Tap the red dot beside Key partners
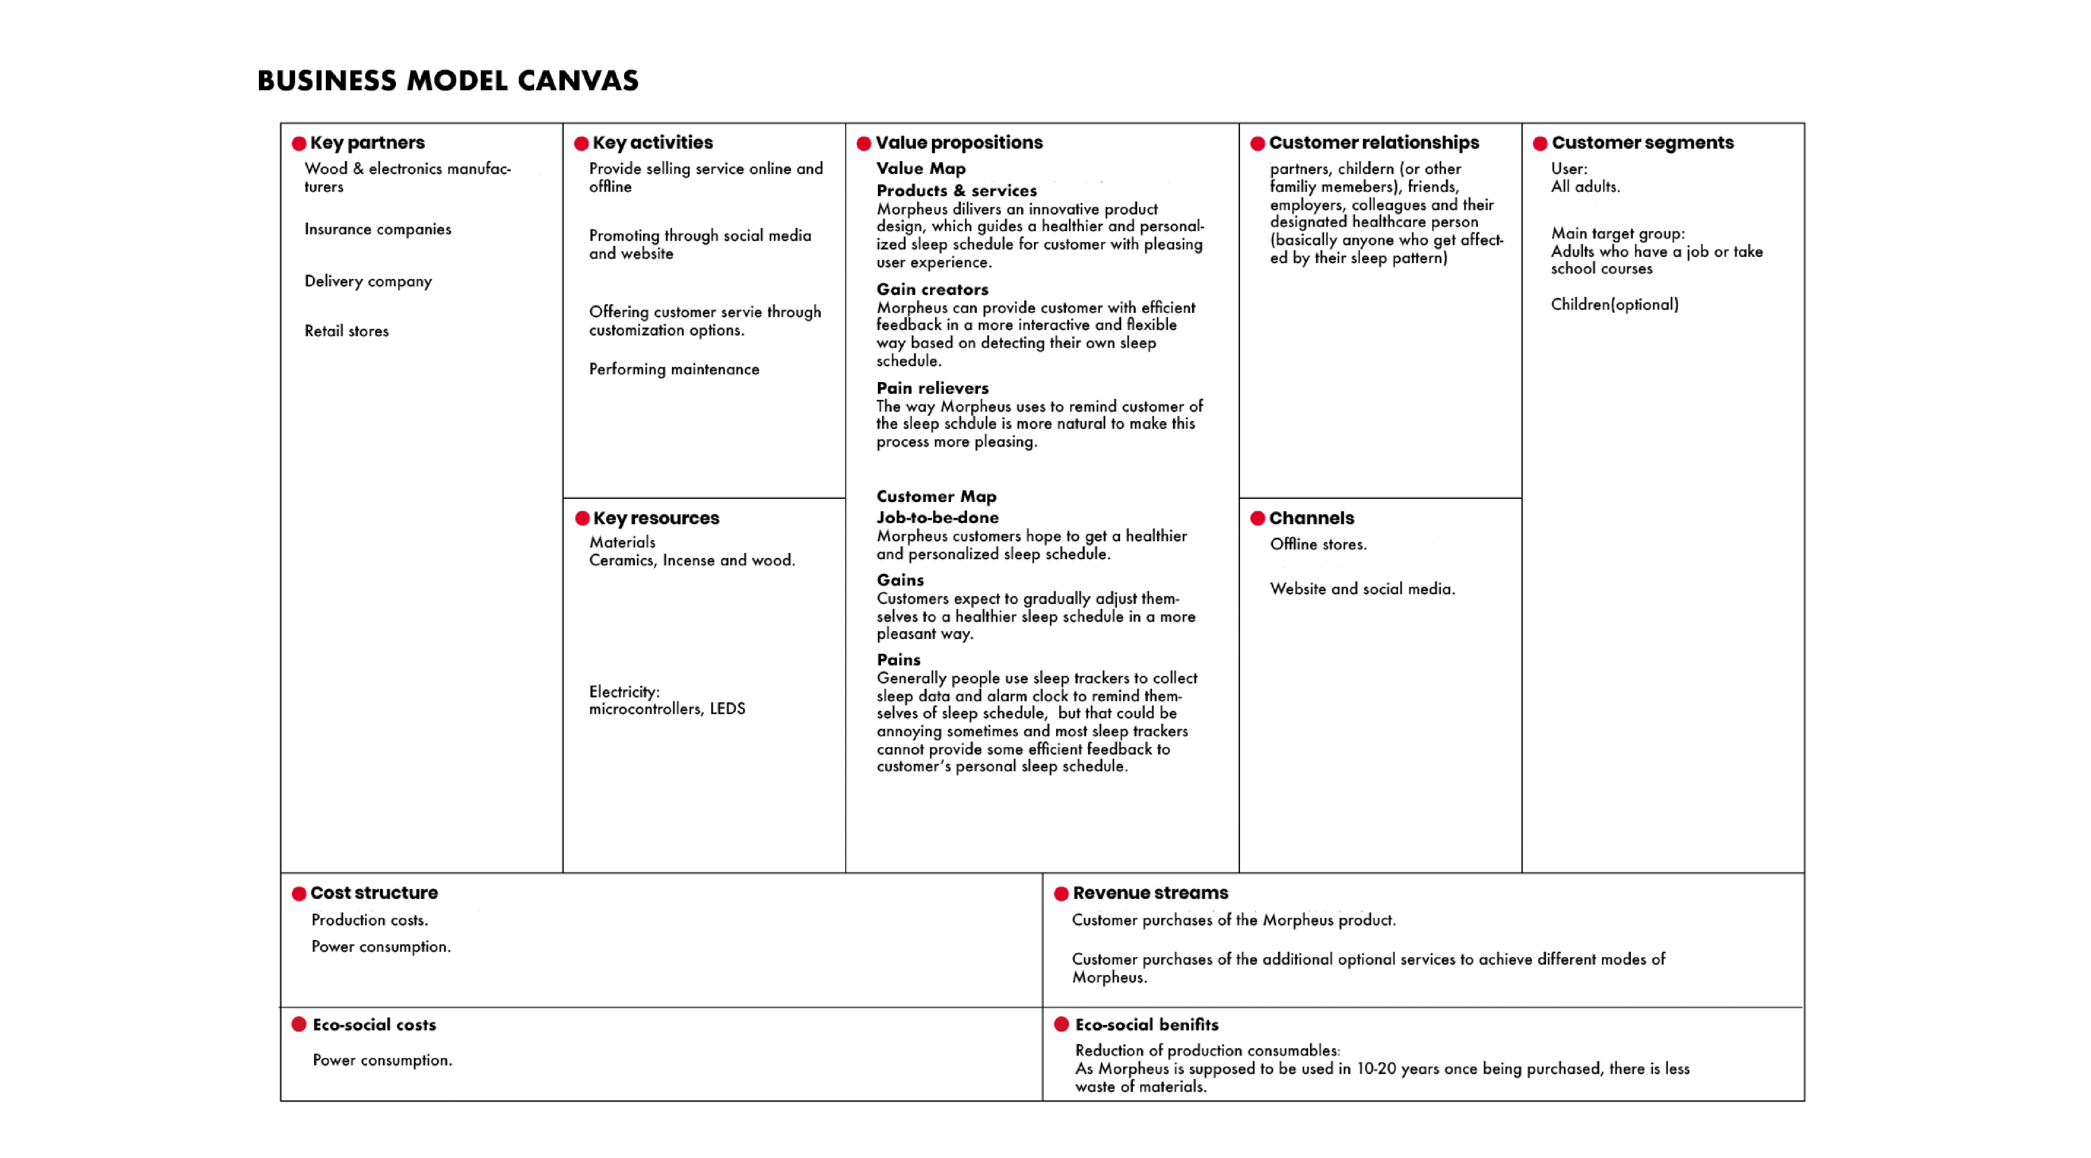coord(299,144)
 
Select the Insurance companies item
coord(378,230)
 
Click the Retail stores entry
coord(346,331)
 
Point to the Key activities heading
coord(652,143)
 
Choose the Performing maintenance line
coord(674,369)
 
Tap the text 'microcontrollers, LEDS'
coord(667,709)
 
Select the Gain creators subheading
coord(932,290)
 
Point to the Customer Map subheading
coord(936,497)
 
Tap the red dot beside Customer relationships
coord(1257,144)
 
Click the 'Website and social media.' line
coord(1362,589)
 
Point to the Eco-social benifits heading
coord(1146,1025)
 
